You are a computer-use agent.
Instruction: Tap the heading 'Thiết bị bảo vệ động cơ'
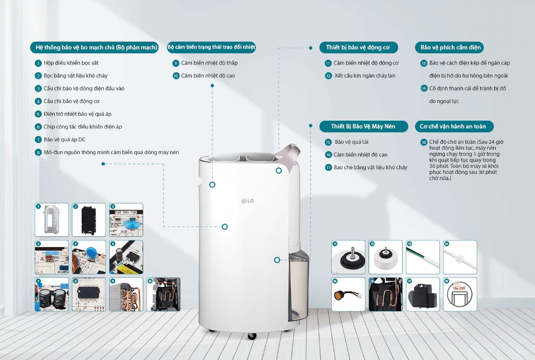pos(357,47)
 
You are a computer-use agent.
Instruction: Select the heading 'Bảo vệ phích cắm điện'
pos(448,47)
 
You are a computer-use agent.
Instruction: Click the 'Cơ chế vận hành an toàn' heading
pos(453,126)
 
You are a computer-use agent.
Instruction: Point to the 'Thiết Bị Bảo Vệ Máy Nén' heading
pos(364,127)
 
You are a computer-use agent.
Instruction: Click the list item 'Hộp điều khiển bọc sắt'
pos(71,63)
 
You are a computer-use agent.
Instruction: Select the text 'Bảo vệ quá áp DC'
pos(64,139)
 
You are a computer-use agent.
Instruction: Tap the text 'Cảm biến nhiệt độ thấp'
pos(209,63)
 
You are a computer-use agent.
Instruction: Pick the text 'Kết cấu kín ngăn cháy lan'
pos(365,76)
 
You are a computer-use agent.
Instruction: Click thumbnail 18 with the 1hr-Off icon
pos(460,294)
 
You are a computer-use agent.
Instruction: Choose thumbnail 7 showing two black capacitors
pos(52,294)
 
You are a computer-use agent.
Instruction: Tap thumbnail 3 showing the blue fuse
pos(126,220)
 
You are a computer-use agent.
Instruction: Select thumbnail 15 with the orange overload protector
pos(348,294)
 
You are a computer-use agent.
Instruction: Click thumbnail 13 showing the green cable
pos(423,257)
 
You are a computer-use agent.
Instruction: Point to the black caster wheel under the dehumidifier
pos(252,336)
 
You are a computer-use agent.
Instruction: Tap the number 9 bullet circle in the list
pos(176,63)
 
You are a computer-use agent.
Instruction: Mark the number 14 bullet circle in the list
pos(424,89)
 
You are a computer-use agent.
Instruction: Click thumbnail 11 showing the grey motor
pos(348,257)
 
